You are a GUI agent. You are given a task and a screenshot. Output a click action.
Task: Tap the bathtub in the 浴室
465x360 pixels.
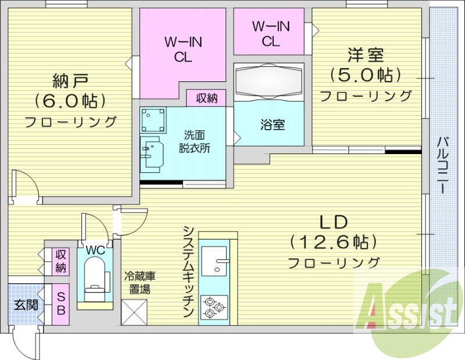pos(269,81)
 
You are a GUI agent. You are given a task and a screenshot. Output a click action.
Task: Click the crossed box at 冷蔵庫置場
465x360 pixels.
pos(135,312)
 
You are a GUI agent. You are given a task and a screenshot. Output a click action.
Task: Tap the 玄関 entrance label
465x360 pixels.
pos(25,304)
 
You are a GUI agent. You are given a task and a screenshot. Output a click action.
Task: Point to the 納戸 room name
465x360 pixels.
pos(69,79)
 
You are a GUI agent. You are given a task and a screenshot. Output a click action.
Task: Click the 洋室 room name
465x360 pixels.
pos(366,56)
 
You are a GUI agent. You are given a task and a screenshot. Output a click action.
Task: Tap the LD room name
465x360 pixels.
pos(333,222)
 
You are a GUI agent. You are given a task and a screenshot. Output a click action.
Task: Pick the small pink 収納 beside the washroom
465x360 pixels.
pos(206,98)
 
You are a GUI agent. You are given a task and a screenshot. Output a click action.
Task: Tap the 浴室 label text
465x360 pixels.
pos(272,124)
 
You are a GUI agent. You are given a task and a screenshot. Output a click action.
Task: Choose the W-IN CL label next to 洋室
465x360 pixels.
pos(269,34)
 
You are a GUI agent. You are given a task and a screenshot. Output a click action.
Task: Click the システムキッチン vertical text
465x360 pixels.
pos(188,271)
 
